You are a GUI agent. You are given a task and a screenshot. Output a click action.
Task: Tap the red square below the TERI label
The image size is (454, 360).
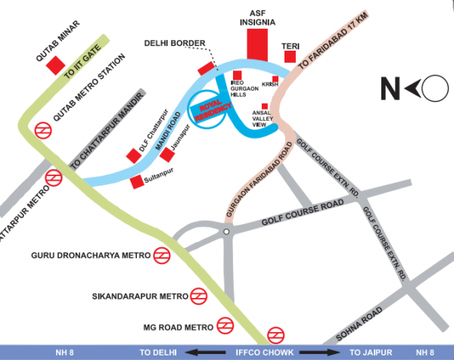[290, 57]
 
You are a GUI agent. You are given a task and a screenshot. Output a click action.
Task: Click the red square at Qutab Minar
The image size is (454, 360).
[55, 65]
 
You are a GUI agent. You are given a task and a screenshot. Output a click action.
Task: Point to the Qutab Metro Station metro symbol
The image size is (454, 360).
[42, 130]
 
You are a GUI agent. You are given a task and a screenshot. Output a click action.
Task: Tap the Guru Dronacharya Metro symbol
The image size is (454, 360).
[161, 256]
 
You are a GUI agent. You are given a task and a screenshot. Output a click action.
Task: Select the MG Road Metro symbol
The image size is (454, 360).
[224, 326]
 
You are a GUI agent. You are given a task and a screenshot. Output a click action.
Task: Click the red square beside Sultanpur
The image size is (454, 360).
[137, 182]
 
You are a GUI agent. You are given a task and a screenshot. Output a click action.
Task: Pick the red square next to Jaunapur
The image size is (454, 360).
[166, 154]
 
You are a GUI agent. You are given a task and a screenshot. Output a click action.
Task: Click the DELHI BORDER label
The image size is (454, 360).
[173, 44]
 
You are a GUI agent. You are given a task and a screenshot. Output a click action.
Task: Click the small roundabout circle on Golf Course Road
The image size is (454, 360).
[225, 230]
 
